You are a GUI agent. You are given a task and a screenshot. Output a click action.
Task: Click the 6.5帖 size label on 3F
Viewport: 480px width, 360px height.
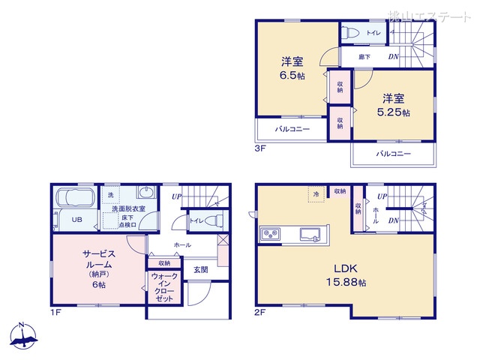(292, 76)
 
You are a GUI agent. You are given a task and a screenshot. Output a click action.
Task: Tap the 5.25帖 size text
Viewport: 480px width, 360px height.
(393, 112)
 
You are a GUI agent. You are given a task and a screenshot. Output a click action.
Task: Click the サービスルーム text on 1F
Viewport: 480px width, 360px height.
(98, 259)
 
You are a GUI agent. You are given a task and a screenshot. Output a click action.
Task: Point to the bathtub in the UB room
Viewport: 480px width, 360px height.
(73, 200)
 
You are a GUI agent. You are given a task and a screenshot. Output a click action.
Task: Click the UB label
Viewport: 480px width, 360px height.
(76, 220)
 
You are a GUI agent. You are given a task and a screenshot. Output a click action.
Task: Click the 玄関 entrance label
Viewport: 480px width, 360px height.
(200, 269)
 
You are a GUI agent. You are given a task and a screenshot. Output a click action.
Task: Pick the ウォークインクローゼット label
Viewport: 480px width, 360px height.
(164, 287)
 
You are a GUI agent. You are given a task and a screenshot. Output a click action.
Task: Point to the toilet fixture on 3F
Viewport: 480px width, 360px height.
(349, 33)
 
